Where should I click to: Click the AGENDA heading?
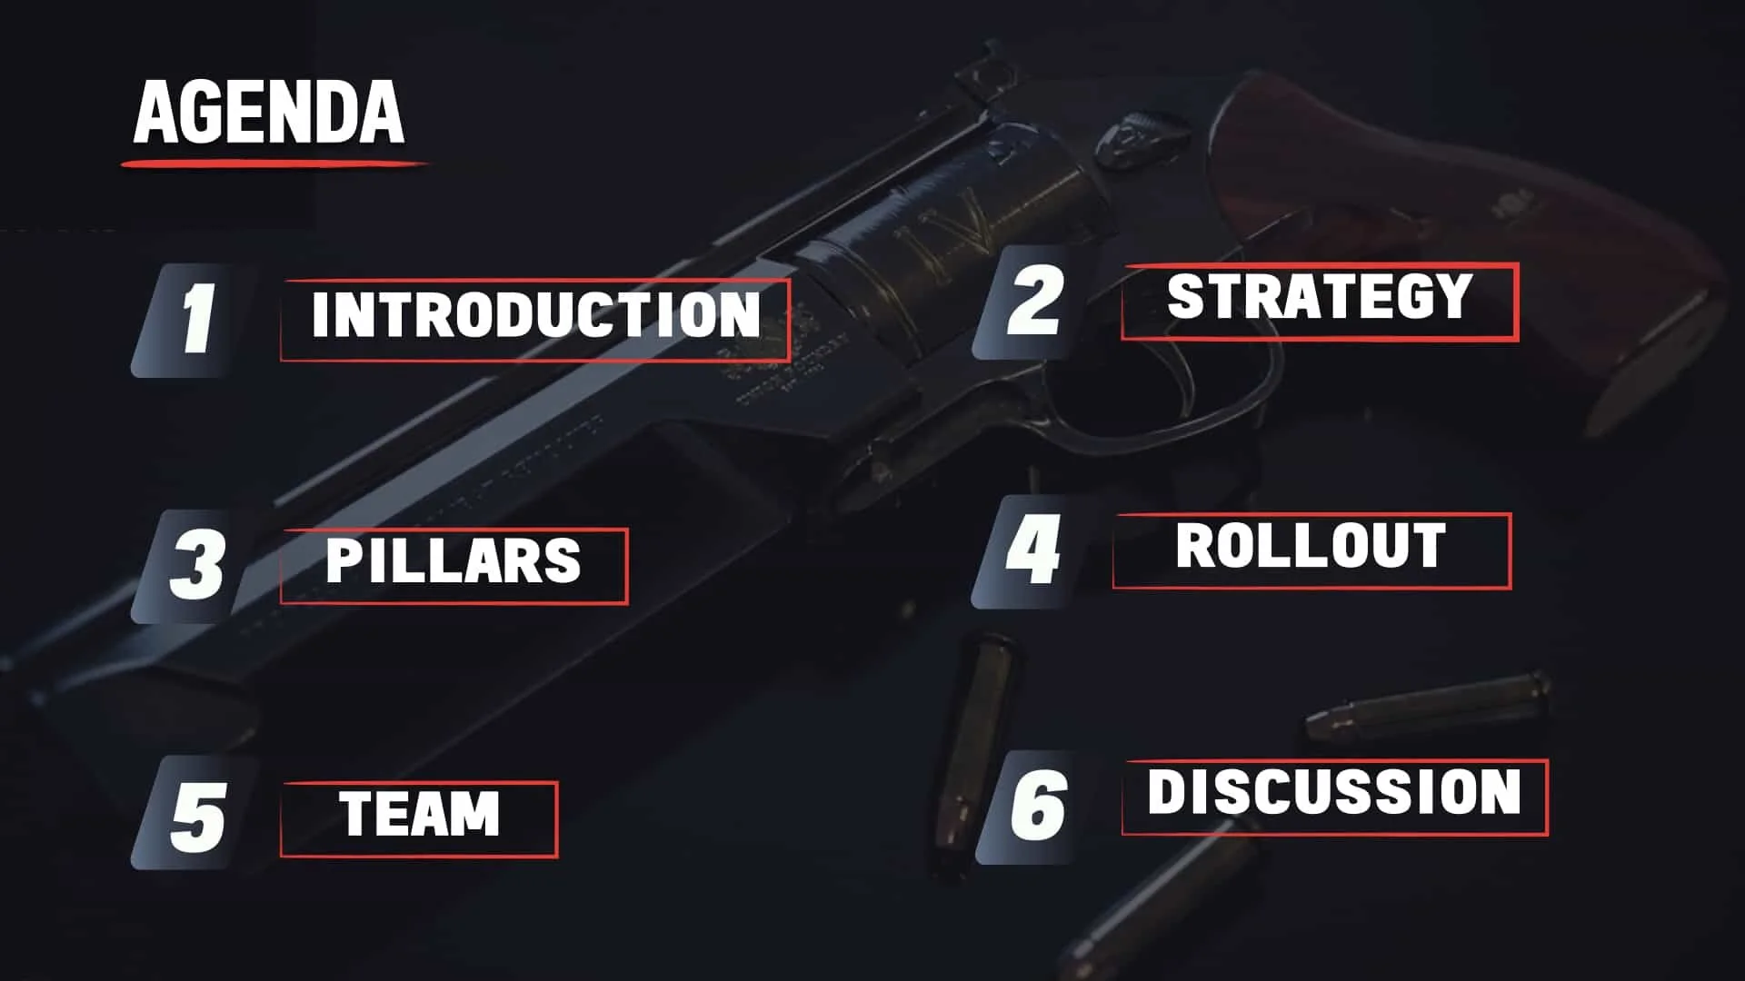(x=269, y=112)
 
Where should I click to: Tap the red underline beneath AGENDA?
(x=273, y=164)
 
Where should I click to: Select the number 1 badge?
(x=194, y=319)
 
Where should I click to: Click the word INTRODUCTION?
(x=535, y=316)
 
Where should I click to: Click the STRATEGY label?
(x=1319, y=298)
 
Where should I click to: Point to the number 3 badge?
(x=194, y=565)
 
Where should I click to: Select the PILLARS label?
(x=453, y=561)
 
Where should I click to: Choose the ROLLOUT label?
(x=1311, y=547)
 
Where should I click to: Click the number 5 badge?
(x=195, y=815)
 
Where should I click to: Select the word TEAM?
(x=419, y=815)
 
